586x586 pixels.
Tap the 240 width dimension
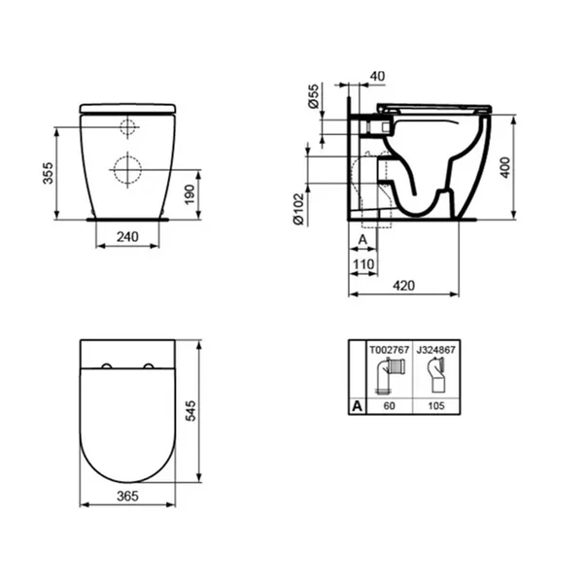(x=128, y=236)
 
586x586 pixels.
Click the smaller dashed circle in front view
(x=128, y=127)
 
